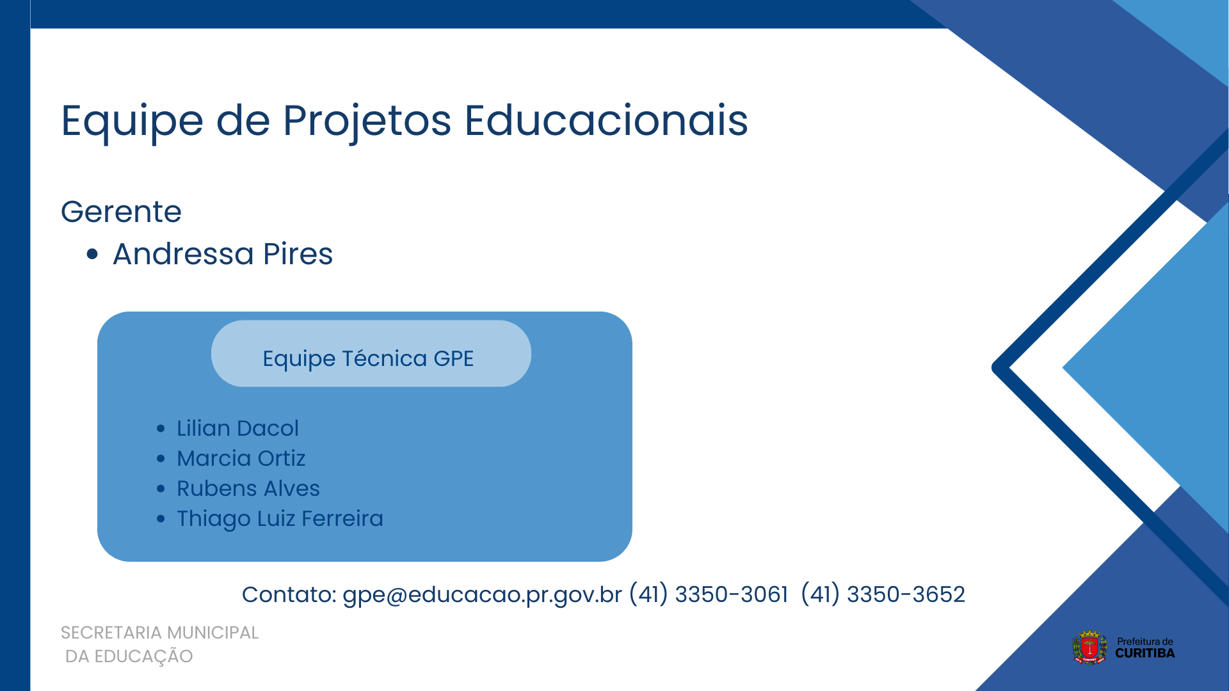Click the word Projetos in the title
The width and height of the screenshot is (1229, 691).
(367, 122)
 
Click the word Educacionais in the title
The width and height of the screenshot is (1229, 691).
(606, 120)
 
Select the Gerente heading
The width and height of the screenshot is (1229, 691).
(121, 212)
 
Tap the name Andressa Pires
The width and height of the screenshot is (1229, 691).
(223, 253)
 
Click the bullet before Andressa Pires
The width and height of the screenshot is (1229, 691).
(92, 255)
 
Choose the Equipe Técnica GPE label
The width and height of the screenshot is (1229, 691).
(368, 358)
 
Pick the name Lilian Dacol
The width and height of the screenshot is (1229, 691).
(237, 428)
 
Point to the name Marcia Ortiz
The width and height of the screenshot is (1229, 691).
(241, 458)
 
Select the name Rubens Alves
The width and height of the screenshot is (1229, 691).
(248, 488)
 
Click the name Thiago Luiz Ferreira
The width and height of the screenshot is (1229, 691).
(280, 519)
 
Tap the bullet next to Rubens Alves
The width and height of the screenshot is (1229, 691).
(161, 489)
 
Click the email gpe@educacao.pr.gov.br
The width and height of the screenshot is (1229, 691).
(482, 594)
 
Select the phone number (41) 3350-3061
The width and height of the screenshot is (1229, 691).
(709, 594)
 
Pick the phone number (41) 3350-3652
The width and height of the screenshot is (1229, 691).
(883, 594)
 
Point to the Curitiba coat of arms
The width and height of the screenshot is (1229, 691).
(1089, 647)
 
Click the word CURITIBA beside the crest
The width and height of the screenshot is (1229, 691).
(1145, 653)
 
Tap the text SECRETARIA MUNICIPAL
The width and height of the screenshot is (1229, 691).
(159, 633)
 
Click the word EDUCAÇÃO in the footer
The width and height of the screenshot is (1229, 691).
(143, 656)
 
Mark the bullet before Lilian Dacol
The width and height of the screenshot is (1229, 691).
(161, 429)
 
